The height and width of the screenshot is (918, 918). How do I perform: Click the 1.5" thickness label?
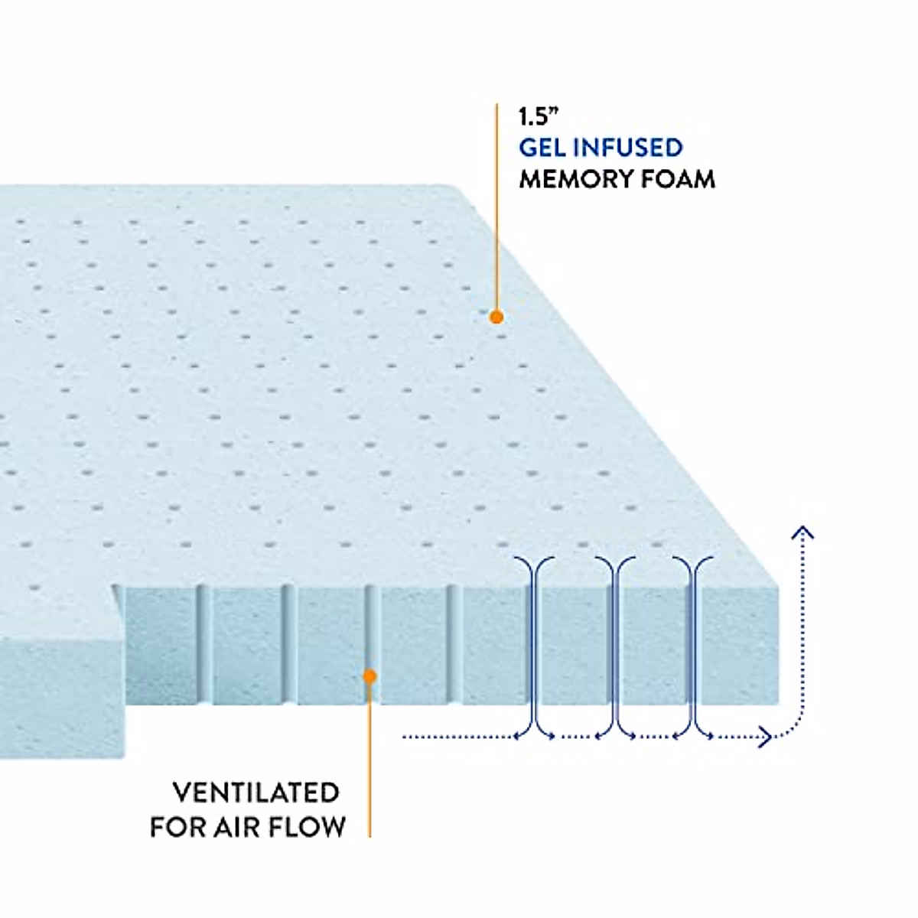pyautogui.click(x=539, y=117)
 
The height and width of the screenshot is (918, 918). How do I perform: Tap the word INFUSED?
pyautogui.click(x=628, y=148)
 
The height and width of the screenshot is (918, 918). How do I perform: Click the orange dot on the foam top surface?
pyautogui.click(x=496, y=317)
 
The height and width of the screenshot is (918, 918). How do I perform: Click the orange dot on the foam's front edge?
pyautogui.click(x=369, y=676)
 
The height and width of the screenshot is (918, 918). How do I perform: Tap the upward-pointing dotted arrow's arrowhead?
pyautogui.click(x=802, y=532)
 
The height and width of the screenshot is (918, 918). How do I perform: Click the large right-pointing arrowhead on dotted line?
pyautogui.click(x=765, y=737)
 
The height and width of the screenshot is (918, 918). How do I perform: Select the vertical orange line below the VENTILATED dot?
pyautogui.click(x=369, y=760)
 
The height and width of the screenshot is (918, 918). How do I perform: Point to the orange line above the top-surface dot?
pyautogui.click(x=496, y=207)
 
